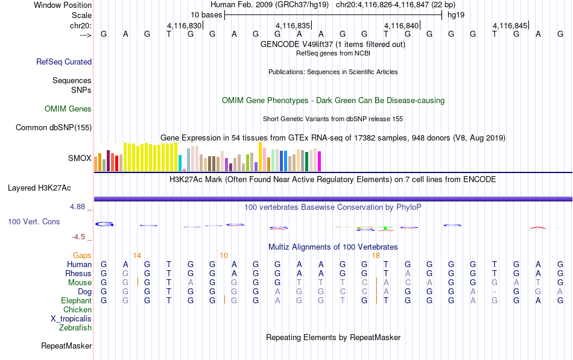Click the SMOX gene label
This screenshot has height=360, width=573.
coord(80,158)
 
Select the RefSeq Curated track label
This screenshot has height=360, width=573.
coord(64,62)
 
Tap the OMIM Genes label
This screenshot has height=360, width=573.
coord(68,109)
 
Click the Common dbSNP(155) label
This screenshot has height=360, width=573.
coord(54,128)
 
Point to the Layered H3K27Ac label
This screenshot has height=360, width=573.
coord(39,188)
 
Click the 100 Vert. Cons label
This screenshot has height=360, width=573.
coord(34,221)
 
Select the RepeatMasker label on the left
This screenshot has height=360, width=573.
coord(66,346)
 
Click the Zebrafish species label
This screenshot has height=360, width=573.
coord(75,328)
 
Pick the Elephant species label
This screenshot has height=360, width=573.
coord(77,301)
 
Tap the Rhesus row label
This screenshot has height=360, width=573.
coord(78,273)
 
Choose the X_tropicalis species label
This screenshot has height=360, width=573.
coord(71,319)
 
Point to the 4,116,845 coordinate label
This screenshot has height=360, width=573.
coord(510,25)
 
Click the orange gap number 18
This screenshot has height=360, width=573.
coord(376,256)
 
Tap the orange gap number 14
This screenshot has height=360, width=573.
coord(137,256)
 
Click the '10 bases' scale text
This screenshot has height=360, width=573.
coord(206,15)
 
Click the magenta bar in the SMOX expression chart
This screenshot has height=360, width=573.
coord(320,161)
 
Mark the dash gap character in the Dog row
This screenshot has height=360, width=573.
coord(495,292)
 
